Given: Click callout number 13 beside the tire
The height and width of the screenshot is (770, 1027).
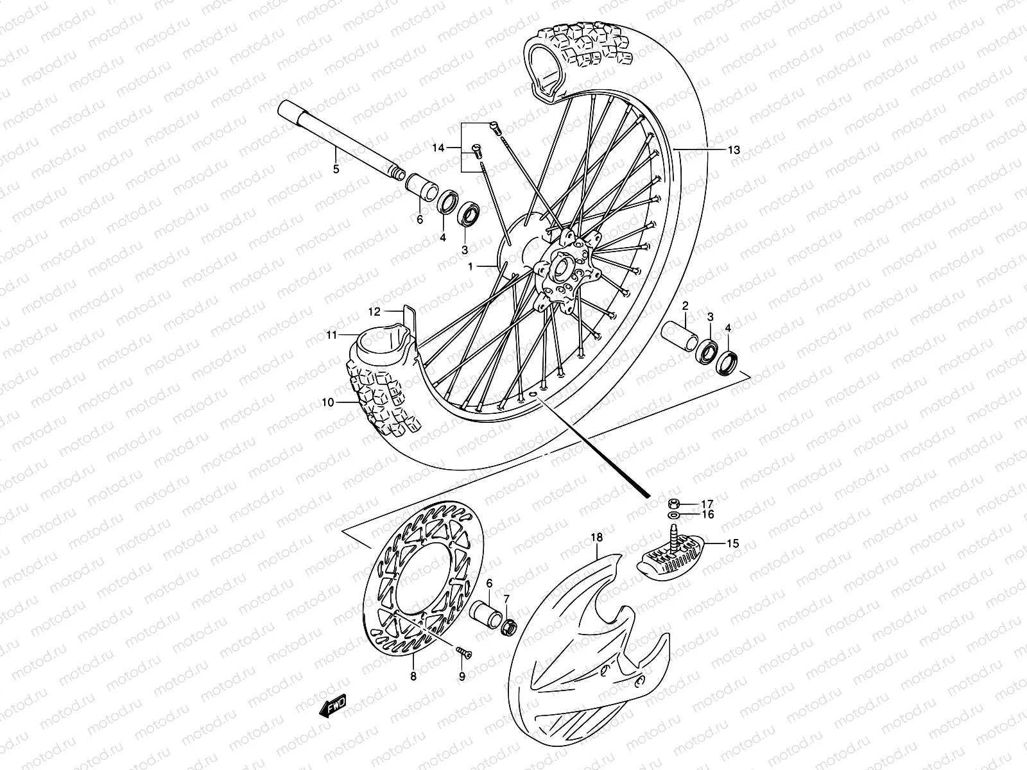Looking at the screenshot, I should (x=734, y=150).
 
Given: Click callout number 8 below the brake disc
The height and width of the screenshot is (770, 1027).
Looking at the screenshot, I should (x=413, y=676).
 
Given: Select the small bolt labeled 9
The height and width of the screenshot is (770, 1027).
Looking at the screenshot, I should (x=463, y=653).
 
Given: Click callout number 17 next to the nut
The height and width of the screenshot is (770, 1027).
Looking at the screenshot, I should (x=707, y=503).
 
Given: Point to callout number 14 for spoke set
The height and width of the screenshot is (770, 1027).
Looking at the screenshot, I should (x=438, y=148).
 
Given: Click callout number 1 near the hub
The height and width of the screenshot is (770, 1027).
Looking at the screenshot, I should (x=470, y=266).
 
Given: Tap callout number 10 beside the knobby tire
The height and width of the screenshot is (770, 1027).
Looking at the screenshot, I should (x=328, y=403).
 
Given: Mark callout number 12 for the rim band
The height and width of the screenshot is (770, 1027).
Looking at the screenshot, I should (x=375, y=311).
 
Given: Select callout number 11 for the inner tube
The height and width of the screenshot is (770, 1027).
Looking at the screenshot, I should (x=331, y=334).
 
